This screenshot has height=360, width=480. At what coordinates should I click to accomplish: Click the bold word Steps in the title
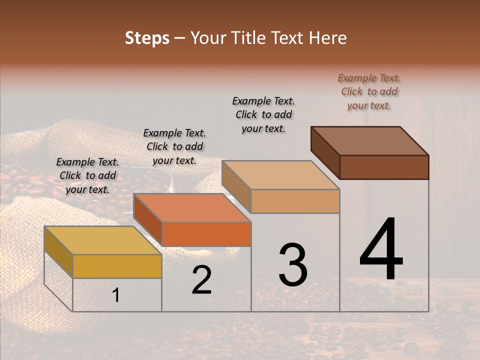coord(147,38)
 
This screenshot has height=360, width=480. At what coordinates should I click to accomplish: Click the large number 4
coord(381,249)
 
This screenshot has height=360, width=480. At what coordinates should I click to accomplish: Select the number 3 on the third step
coord(293,265)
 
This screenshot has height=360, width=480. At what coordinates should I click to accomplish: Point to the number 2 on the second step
coord(202,280)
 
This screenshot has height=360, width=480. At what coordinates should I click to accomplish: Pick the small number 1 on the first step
coord(116,295)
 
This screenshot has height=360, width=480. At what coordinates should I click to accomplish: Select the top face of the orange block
coord(192,208)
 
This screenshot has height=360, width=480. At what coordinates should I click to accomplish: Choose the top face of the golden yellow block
coord(103,240)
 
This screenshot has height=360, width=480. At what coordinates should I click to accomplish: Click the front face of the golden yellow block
coord(117,266)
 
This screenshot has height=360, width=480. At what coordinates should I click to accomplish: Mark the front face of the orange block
coord(206,234)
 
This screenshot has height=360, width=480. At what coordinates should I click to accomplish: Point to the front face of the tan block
coord(295,201)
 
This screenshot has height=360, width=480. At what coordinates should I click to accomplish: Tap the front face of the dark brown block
coord(384,167)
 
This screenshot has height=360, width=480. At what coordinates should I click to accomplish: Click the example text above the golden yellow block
coord(87,175)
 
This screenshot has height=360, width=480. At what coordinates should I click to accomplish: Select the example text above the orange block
coord(174,146)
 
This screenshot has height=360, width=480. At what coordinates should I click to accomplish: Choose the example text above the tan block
coord(263,114)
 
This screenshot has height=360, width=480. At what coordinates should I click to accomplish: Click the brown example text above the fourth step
coord(369,91)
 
